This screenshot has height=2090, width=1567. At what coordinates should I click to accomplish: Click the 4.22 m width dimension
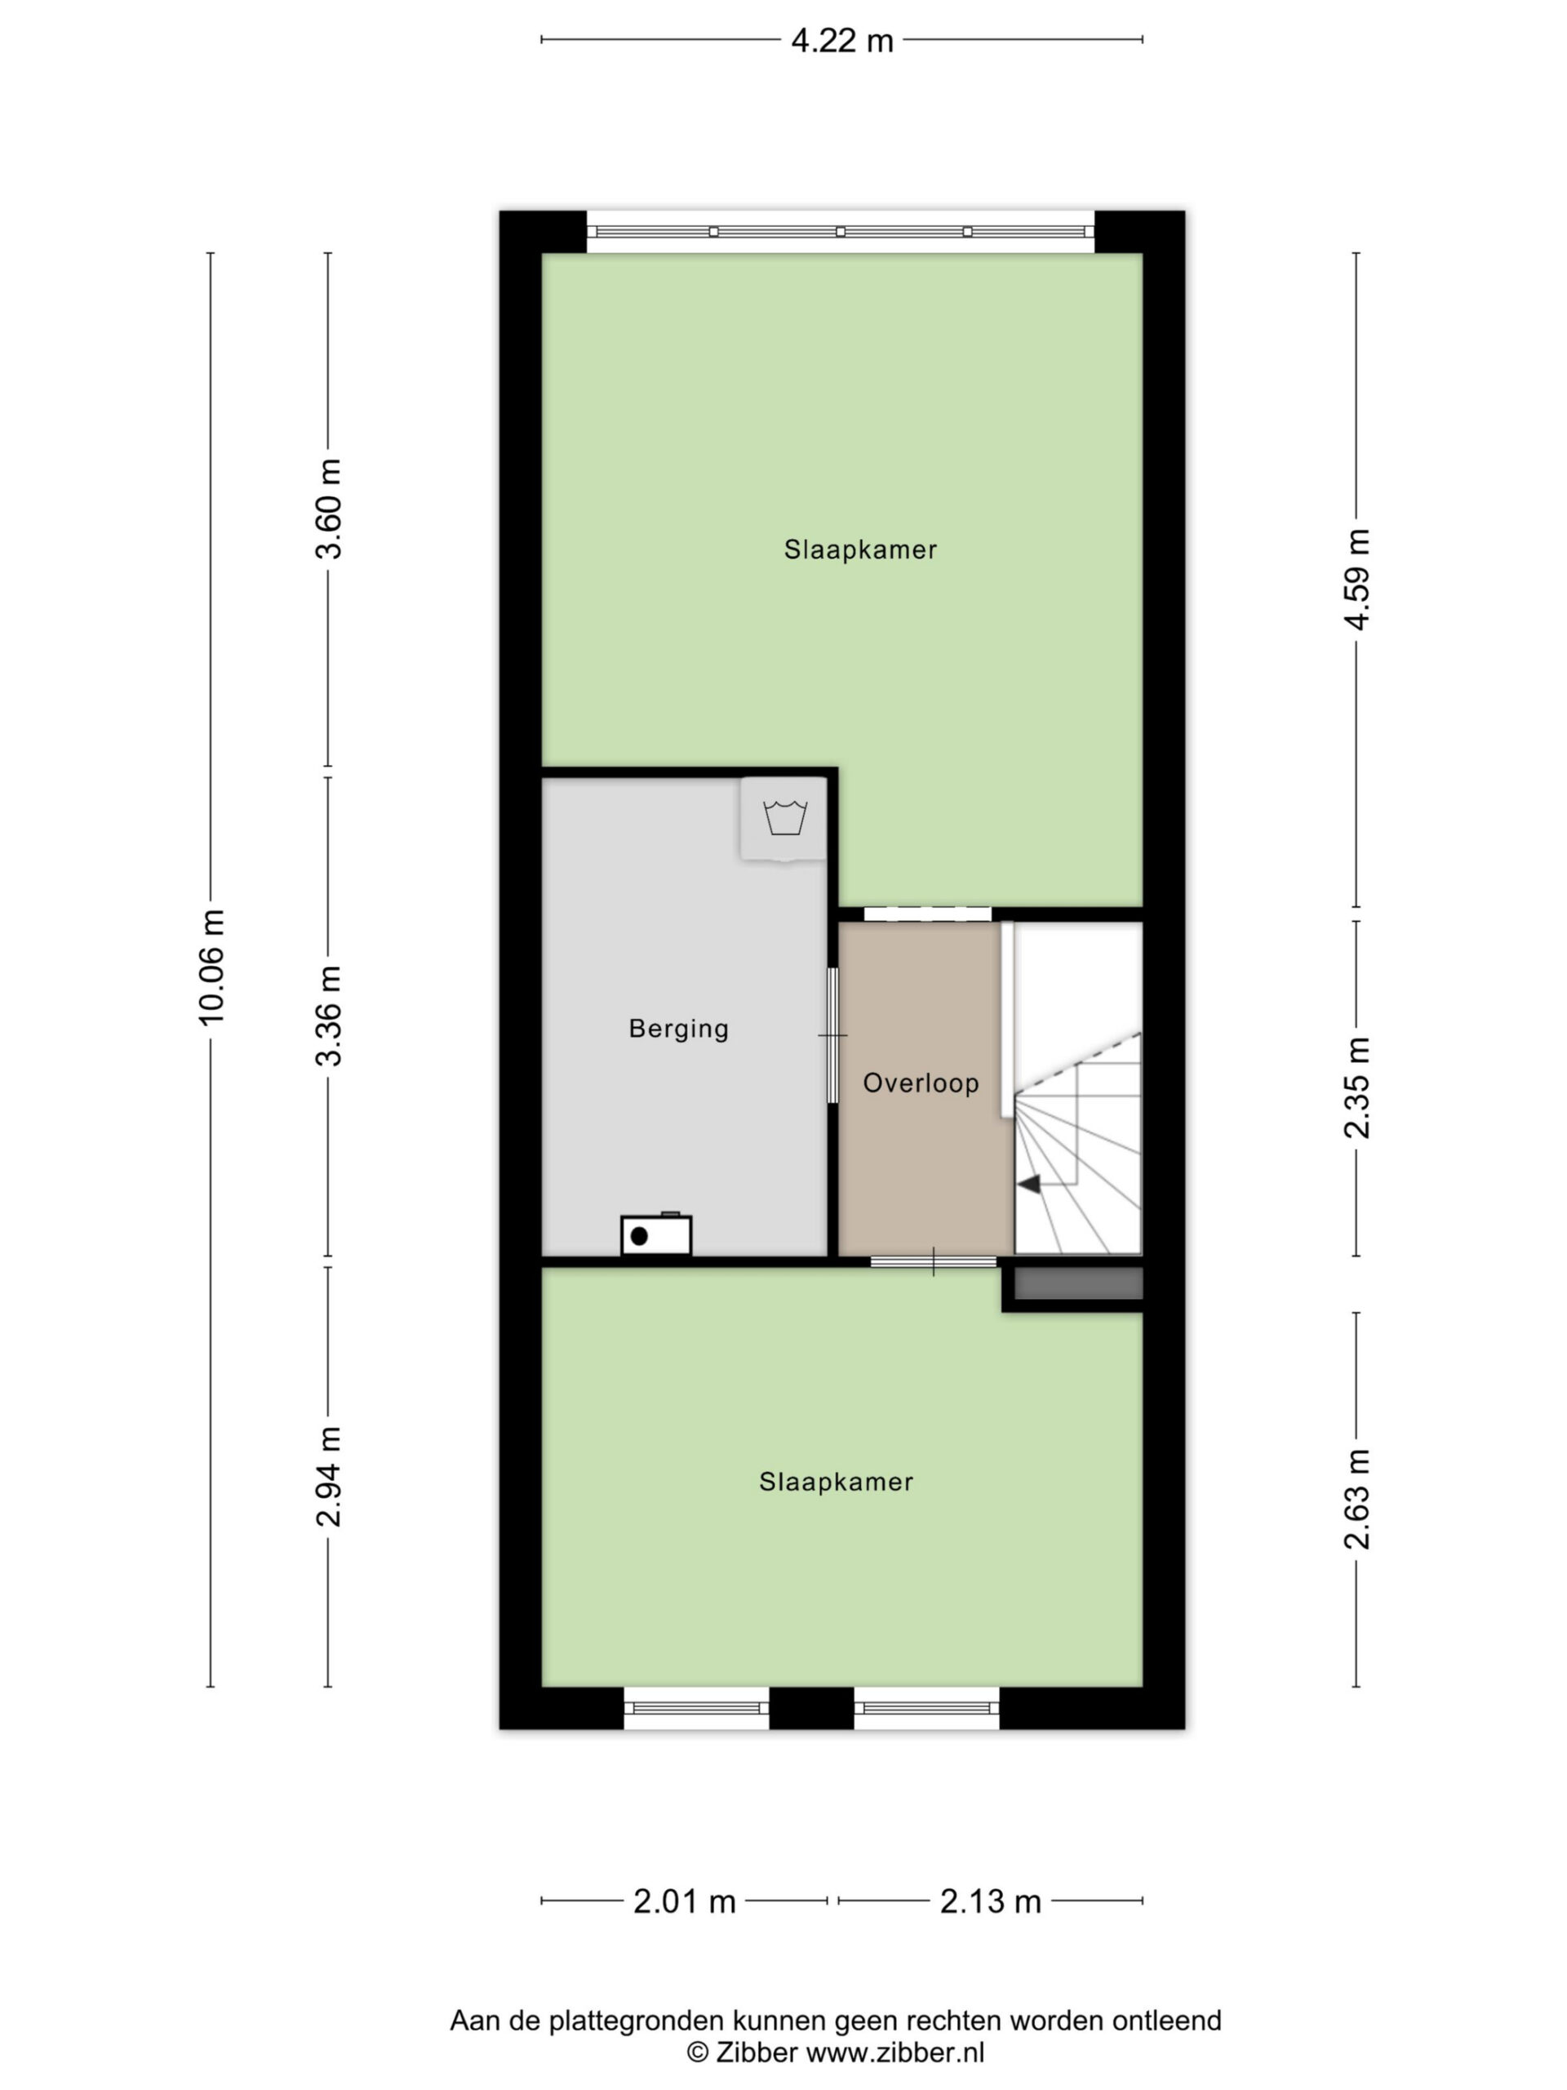tap(841, 41)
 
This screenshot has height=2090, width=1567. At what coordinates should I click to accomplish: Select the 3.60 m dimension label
tap(329, 509)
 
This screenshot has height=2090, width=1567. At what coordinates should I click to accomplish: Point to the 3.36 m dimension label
tap(329, 1016)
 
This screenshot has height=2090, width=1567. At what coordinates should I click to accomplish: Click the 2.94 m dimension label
tap(329, 1477)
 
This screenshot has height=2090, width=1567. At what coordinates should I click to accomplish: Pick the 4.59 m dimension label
tap(1357, 579)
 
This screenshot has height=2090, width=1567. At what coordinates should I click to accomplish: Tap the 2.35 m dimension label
tap(1357, 1087)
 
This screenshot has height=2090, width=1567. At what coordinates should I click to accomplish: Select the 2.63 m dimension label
tap(1357, 1500)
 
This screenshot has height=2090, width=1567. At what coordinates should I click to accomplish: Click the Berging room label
tap(679, 1029)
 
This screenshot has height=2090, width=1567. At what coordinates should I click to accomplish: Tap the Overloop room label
tap(921, 1083)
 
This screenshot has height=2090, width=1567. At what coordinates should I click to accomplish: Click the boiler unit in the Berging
tap(656, 1234)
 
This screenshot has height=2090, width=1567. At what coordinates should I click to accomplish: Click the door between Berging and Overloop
tap(833, 1035)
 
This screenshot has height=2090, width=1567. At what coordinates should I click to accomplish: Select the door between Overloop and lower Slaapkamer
tap(933, 1261)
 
